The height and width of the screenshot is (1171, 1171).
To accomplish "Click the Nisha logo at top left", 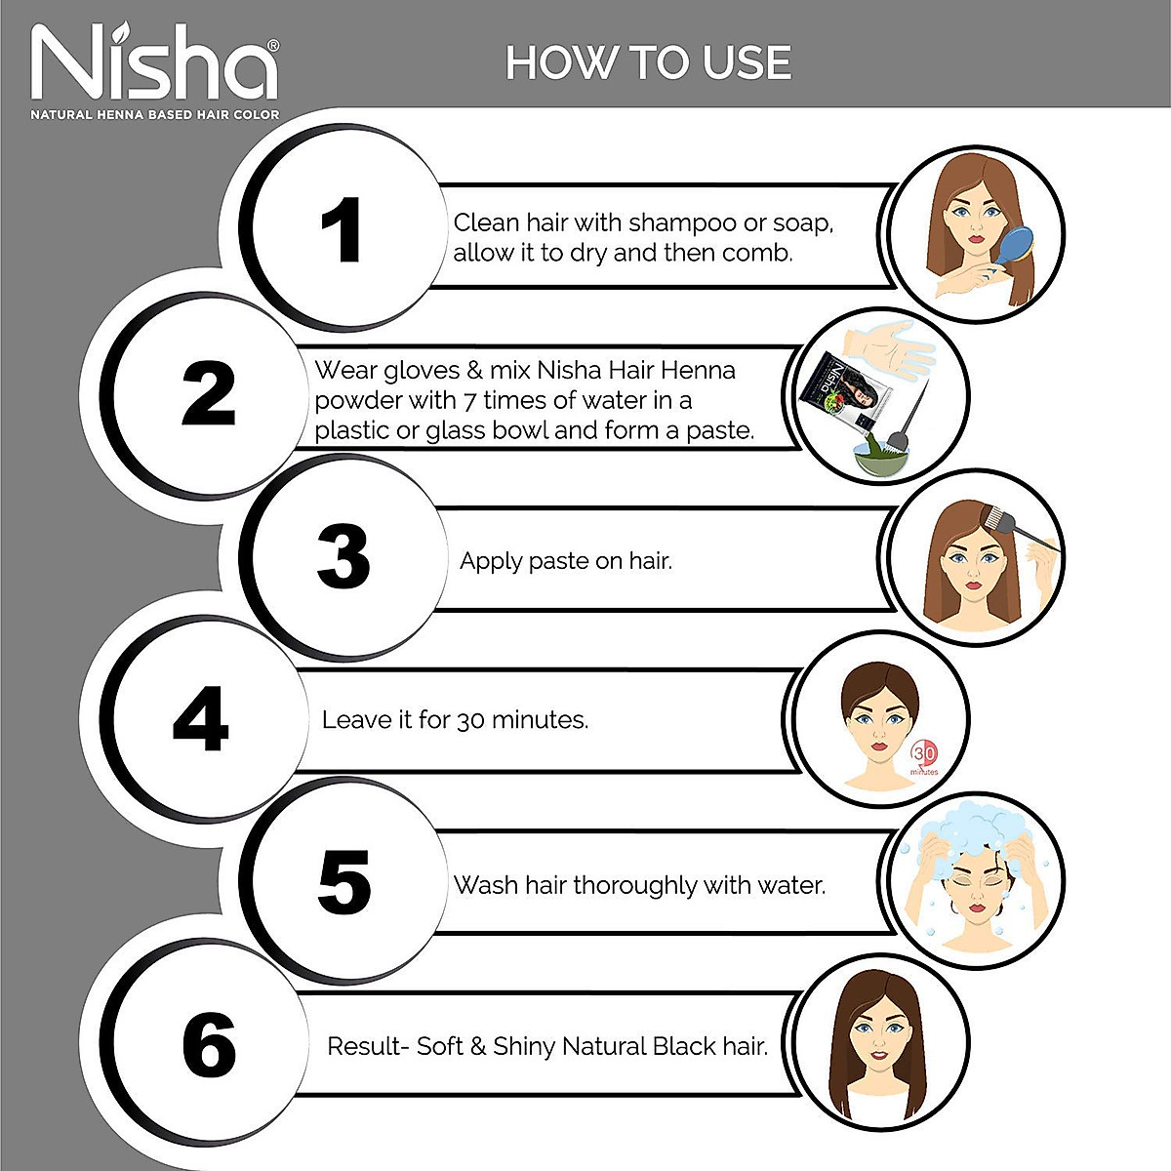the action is tap(154, 63).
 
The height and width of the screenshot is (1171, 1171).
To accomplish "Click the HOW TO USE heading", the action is tap(648, 63).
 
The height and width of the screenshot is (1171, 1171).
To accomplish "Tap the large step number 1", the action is tap(342, 231).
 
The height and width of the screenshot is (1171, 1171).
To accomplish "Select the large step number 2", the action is tap(209, 394).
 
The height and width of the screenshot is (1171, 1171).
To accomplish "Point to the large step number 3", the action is tap(343, 557).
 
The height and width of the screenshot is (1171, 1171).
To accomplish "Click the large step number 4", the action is tap(201, 720).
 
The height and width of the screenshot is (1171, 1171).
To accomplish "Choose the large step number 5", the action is tap(343, 883).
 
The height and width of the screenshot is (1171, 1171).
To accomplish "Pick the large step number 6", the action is tap(209, 1046).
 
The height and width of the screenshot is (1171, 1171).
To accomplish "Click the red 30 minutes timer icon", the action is tap(924, 756).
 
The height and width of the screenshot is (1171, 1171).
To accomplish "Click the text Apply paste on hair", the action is tap(565, 561).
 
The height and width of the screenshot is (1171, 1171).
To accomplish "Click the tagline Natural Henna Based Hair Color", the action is tap(154, 115).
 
